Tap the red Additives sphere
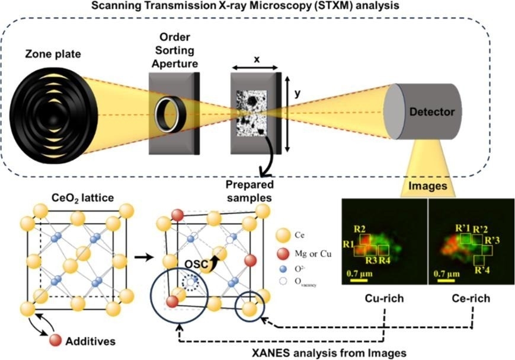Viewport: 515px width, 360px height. [56, 340]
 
